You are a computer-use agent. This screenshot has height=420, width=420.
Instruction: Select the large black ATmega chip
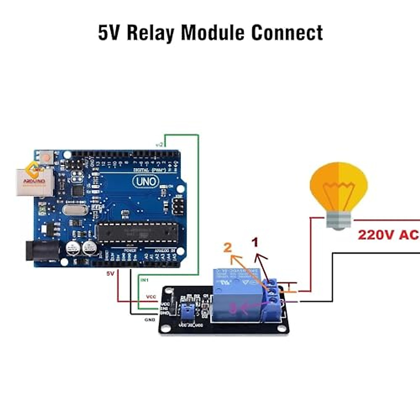click(137, 232)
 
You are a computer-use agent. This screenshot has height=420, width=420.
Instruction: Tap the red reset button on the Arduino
click(45, 156)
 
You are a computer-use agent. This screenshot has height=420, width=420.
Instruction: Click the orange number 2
click(228, 247)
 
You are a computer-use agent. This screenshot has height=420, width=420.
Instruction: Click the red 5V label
click(110, 273)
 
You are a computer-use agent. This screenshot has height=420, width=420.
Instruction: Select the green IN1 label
click(144, 280)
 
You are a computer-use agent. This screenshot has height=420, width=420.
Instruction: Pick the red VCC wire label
click(151, 296)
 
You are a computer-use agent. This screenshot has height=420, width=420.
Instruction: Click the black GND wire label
click(150, 320)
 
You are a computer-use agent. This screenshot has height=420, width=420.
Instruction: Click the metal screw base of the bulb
click(338, 220)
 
